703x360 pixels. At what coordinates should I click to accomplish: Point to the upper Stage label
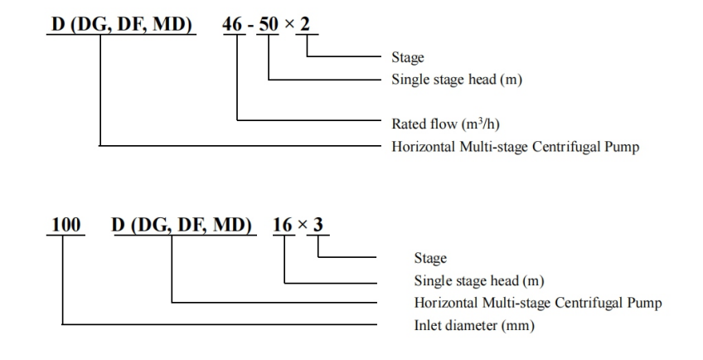click(407, 58)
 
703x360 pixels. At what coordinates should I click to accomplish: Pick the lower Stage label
click(429, 259)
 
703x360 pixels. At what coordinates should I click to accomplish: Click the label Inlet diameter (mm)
click(474, 325)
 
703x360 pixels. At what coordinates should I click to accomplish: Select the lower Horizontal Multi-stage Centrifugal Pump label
click(537, 303)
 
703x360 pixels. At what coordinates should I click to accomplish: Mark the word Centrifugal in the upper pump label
click(562, 147)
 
